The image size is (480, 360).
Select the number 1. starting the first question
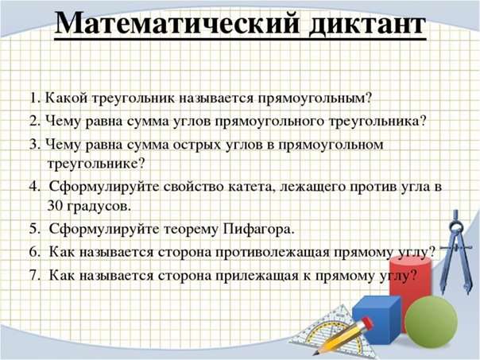pyautogui.click(x=34, y=99)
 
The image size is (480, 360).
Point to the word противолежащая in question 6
pyautogui.click(x=270, y=253)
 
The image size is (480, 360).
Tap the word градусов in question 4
pyautogui.click(x=96, y=206)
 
